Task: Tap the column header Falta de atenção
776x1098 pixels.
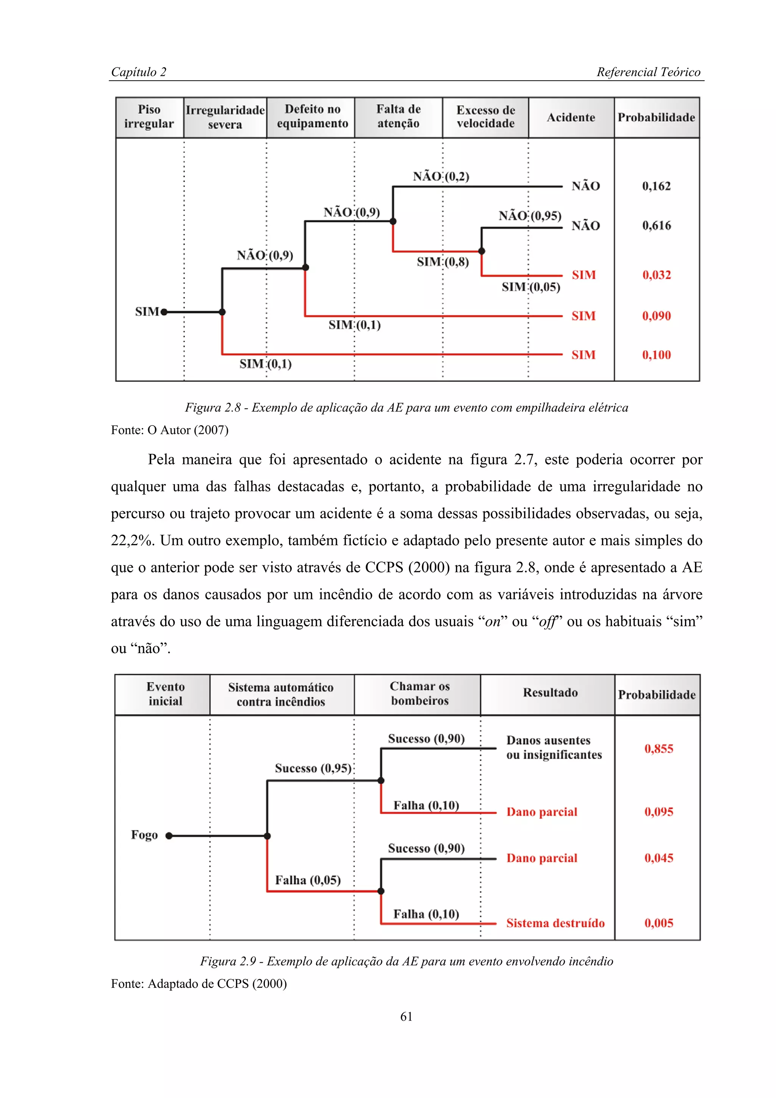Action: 398,116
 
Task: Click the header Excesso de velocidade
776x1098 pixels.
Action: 485,117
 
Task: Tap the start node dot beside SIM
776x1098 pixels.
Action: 164,312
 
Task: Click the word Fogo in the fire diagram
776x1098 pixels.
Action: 144,835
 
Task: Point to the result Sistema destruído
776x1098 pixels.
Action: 555,923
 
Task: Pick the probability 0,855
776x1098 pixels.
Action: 659,749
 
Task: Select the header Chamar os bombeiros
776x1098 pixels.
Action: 419,693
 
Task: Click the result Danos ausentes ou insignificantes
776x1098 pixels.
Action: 554,748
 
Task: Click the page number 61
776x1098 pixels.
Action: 406,1017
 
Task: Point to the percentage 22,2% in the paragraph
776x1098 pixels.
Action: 132,540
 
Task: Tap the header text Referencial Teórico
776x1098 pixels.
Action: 648,72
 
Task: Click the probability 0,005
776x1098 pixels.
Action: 659,923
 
